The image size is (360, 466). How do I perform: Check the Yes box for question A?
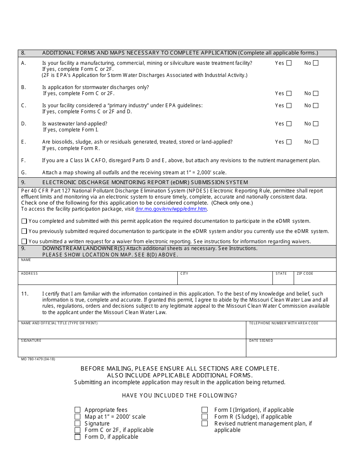(289, 63)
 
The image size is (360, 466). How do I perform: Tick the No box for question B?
(316, 94)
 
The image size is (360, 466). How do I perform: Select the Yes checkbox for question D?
(289, 124)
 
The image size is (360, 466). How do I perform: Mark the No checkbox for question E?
(316, 142)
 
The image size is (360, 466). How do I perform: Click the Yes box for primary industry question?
(289, 106)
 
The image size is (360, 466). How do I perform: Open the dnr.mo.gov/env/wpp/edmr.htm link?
(171, 209)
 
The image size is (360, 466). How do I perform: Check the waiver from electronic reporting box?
(24, 241)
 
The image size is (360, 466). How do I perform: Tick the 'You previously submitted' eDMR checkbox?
(24, 231)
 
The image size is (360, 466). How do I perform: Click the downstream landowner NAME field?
(177, 266)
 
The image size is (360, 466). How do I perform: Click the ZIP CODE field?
(315, 280)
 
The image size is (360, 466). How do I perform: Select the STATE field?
(283, 280)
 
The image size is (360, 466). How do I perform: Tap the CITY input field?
(225, 280)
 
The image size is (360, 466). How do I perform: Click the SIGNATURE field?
(132, 350)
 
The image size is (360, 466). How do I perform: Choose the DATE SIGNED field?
(291, 350)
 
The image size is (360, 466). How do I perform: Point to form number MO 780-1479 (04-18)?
(38, 359)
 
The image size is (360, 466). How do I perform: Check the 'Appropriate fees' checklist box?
(78, 410)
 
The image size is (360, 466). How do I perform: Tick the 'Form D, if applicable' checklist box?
(78, 437)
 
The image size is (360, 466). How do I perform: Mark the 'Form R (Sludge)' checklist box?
(205, 417)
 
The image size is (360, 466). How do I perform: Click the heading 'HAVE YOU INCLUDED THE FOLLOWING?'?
(180, 396)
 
